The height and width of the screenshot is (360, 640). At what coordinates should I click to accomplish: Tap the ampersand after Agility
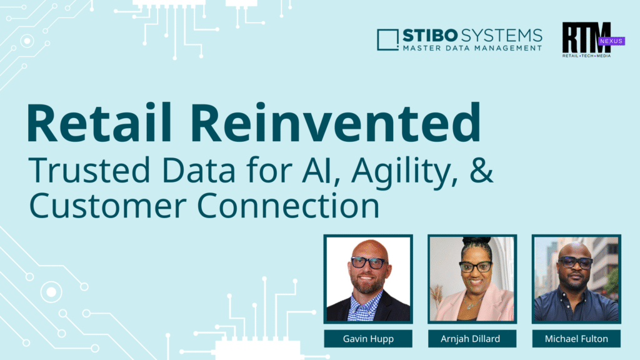click(x=479, y=171)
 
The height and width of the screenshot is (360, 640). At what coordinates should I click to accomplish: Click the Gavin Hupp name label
click(x=368, y=339)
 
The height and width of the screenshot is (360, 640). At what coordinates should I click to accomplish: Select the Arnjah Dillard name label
click(x=472, y=339)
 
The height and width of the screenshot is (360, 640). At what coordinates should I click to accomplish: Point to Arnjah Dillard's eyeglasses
click(x=476, y=267)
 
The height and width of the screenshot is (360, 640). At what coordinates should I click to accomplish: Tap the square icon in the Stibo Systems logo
click(x=388, y=39)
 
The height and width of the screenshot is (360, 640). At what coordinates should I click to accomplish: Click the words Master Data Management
click(x=472, y=48)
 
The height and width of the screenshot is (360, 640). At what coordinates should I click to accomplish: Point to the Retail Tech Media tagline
click(x=586, y=56)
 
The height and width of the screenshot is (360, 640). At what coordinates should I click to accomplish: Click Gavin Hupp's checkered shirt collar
click(x=366, y=299)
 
